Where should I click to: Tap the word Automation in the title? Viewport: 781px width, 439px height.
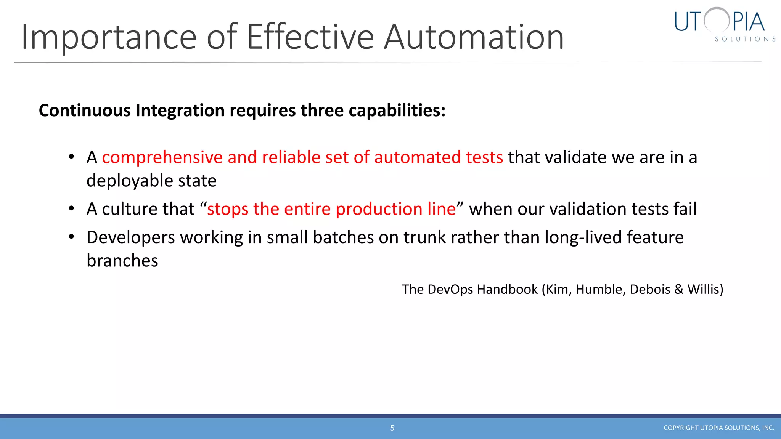coord(474,37)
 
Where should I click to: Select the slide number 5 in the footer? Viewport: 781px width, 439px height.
coord(392,428)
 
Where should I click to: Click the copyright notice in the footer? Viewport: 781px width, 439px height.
coord(718,428)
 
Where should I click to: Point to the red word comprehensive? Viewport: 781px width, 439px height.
coord(162,157)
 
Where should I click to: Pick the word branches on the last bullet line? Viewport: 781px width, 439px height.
coord(122,261)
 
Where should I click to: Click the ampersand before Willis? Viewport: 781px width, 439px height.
coord(678,290)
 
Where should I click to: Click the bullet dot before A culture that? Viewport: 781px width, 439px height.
coord(71,209)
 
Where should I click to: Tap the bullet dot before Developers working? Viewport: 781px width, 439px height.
coord(71,237)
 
